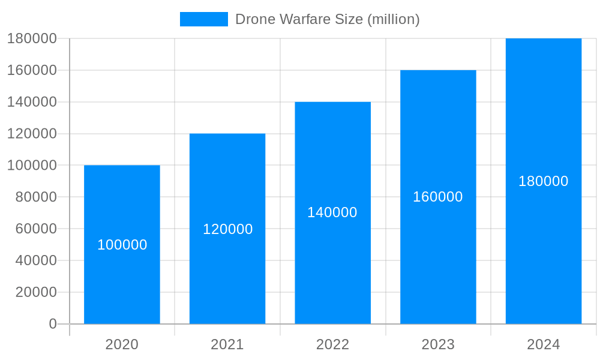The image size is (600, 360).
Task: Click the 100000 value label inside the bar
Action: point(122,245)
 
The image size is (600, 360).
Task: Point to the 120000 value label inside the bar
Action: point(227,229)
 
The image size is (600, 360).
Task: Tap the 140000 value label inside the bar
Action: point(332,212)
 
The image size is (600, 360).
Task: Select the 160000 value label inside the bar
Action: point(438,197)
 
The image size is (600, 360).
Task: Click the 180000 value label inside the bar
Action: point(544,181)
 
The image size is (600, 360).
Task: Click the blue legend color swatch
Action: point(204,19)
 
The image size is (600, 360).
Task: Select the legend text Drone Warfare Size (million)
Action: point(327,19)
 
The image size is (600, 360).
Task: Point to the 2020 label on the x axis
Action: point(122,344)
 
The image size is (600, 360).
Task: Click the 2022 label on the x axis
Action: point(332,344)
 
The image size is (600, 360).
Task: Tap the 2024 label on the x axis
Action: point(544,344)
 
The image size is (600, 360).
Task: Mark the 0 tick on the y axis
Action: point(53,324)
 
